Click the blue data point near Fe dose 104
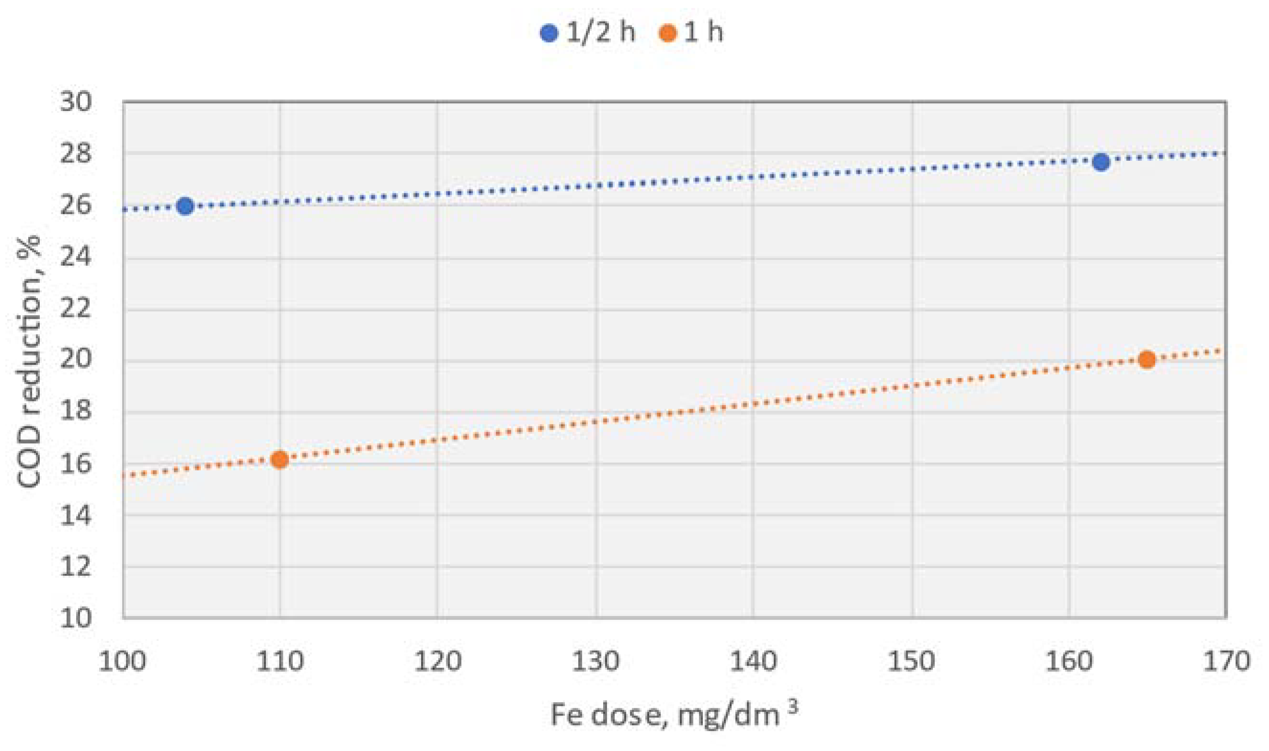click(x=185, y=206)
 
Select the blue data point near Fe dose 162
click(x=1100, y=162)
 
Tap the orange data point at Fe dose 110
click(x=279, y=460)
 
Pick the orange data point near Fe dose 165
click(x=1147, y=360)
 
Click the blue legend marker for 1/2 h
click(x=549, y=34)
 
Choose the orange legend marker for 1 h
click(x=668, y=34)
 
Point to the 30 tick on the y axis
click(x=76, y=102)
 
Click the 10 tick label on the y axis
click(x=76, y=618)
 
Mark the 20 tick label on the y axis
click(x=76, y=360)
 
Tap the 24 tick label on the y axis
click(x=76, y=257)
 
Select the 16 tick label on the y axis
click(x=76, y=463)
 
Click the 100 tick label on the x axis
click(x=123, y=661)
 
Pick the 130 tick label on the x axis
click(x=595, y=661)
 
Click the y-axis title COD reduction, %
click(x=29, y=361)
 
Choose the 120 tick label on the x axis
click(x=437, y=661)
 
